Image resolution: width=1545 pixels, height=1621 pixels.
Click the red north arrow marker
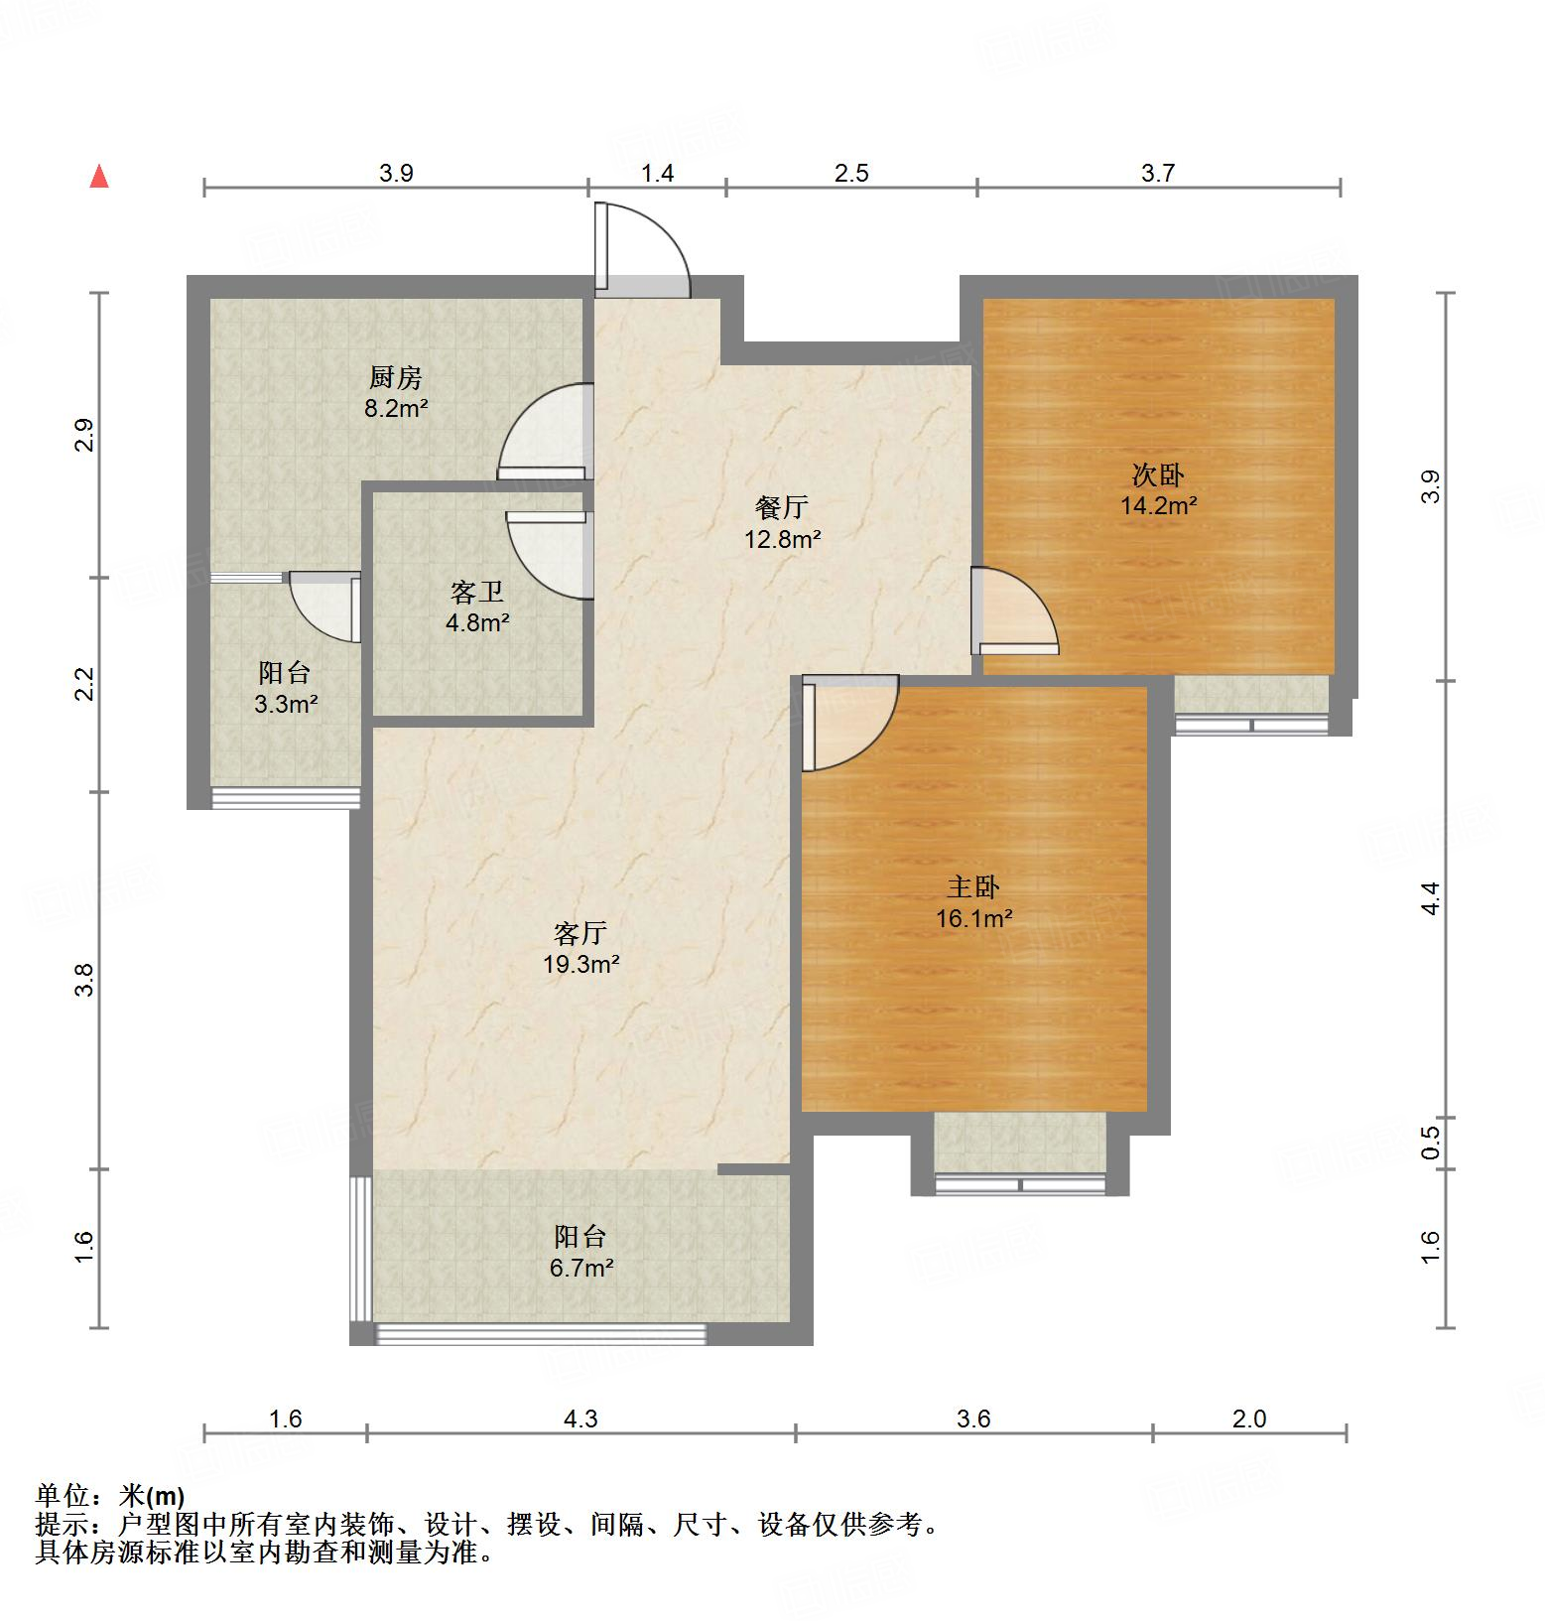tap(99, 177)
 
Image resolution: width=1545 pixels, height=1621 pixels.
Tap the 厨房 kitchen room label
tap(396, 377)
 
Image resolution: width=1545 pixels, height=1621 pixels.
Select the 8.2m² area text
tap(396, 408)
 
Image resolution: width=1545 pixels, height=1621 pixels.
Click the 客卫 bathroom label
tap(477, 593)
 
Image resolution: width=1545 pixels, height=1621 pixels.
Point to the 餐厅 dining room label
tap(782, 507)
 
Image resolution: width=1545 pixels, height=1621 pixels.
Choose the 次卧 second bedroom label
tap(1158, 474)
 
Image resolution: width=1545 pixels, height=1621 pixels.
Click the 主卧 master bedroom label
tap(973, 886)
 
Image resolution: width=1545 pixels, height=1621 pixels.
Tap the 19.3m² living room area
tap(581, 964)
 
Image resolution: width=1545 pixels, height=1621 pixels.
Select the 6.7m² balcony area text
tap(581, 1268)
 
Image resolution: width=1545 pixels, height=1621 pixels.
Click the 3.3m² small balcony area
tap(285, 705)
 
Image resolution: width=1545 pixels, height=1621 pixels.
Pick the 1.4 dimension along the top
tap(657, 174)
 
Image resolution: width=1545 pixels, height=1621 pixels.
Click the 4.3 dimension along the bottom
tap(580, 1418)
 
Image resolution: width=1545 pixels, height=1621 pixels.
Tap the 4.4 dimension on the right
tap(1430, 898)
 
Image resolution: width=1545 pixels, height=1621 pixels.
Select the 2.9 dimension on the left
tap(84, 435)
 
